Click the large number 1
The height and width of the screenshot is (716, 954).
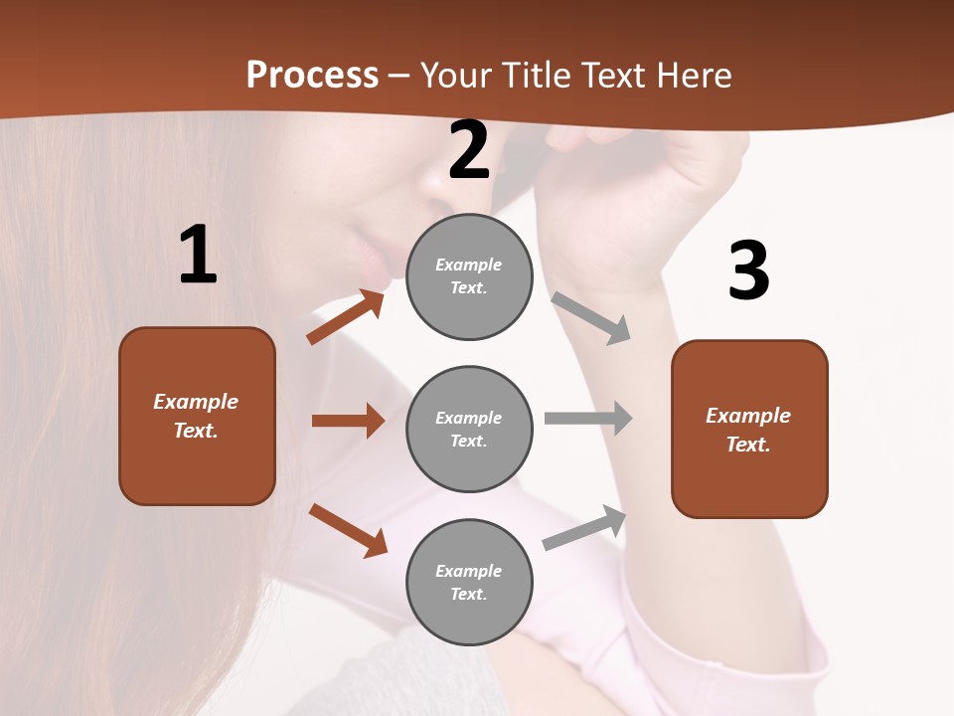(198, 256)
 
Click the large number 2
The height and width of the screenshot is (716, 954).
(469, 151)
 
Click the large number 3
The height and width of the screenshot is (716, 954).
(748, 270)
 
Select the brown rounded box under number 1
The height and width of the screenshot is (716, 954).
(197, 416)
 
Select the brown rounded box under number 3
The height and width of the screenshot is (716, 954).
(749, 430)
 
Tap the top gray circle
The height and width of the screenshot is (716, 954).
(469, 276)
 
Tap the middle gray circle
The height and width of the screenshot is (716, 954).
(469, 430)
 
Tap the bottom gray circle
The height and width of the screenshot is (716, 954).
(469, 583)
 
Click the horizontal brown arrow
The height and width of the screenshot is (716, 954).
(348, 421)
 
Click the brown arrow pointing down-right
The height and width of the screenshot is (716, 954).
(348, 530)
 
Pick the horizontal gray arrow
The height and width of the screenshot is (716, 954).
(588, 418)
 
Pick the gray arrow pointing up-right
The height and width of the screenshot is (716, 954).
(585, 527)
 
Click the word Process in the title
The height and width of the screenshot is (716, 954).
(312, 75)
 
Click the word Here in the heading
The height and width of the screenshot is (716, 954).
(695, 75)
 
